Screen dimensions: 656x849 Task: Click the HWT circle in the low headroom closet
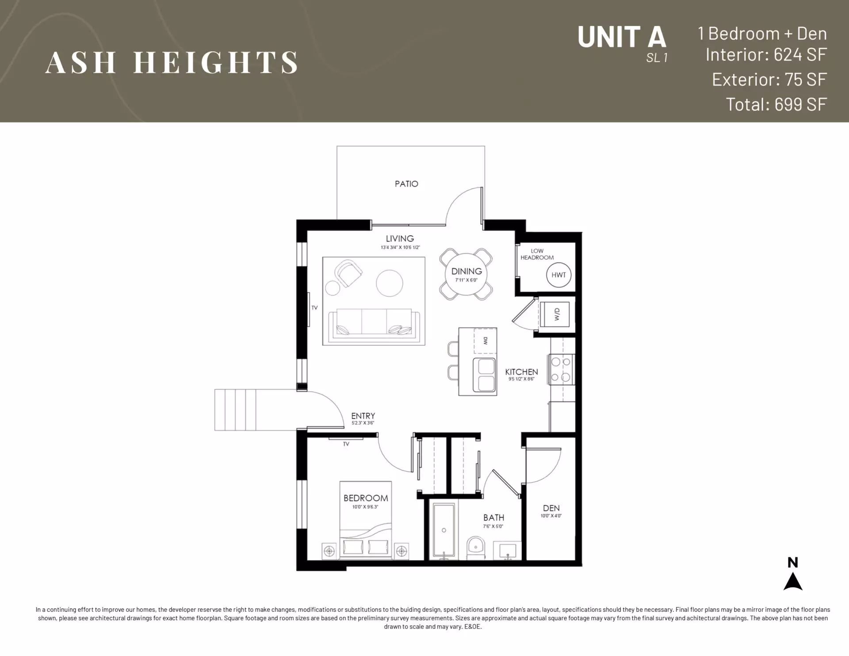click(x=558, y=275)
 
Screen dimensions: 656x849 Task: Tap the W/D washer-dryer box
click(x=555, y=314)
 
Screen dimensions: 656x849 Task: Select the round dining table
click(x=466, y=274)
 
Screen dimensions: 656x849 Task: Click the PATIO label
click(x=406, y=184)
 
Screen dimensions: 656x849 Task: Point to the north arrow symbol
click(x=793, y=581)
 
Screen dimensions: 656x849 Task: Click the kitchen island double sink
click(x=485, y=375)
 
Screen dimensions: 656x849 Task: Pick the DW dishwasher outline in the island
click(x=485, y=341)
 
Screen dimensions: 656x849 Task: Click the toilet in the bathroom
click(x=476, y=548)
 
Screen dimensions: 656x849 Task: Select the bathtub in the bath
click(x=444, y=531)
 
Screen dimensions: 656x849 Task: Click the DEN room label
click(x=551, y=508)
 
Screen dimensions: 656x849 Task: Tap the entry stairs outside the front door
click(x=235, y=410)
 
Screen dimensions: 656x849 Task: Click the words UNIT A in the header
click(x=622, y=37)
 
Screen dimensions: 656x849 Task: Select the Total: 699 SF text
click(x=776, y=104)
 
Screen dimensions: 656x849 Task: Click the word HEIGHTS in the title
click(x=215, y=62)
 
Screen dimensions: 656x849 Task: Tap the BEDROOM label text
click(x=366, y=498)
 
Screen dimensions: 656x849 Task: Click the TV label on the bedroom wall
click(x=346, y=444)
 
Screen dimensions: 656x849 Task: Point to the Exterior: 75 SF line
click(x=769, y=80)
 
